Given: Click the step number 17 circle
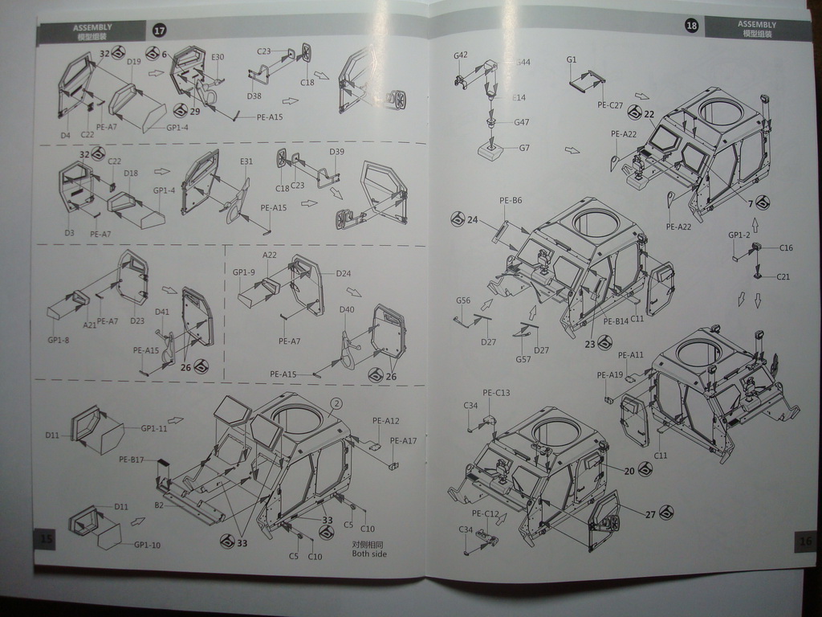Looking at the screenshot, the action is (x=159, y=31).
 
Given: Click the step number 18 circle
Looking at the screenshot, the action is (x=692, y=26).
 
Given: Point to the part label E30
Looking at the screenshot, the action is (x=218, y=57).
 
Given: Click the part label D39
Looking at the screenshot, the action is (x=336, y=152).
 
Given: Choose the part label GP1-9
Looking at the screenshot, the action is (x=244, y=272).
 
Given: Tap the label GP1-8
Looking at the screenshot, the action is (x=59, y=339).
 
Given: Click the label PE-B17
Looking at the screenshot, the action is (x=132, y=460).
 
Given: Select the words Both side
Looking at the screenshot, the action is (x=369, y=554).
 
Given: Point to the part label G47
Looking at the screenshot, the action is (x=522, y=122).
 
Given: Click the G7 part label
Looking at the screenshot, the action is (x=524, y=148).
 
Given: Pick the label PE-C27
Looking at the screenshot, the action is (x=610, y=105).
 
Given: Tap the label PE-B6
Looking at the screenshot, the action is (x=511, y=200).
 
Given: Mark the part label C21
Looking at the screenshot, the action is (x=783, y=276).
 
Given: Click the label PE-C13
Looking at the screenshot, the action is (x=496, y=393).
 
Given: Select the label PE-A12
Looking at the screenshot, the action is (x=385, y=421).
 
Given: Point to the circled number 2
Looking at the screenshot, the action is (x=336, y=403).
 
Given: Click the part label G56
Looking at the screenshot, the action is (x=463, y=300).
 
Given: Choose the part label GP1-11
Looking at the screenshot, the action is (x=154, y=428).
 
